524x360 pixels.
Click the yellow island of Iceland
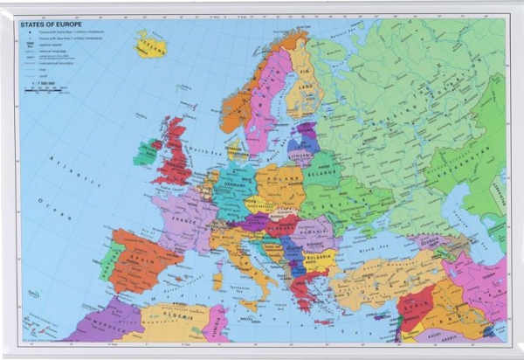[x=149, y=43]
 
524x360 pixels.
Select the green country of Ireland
[x=146, y=154]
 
